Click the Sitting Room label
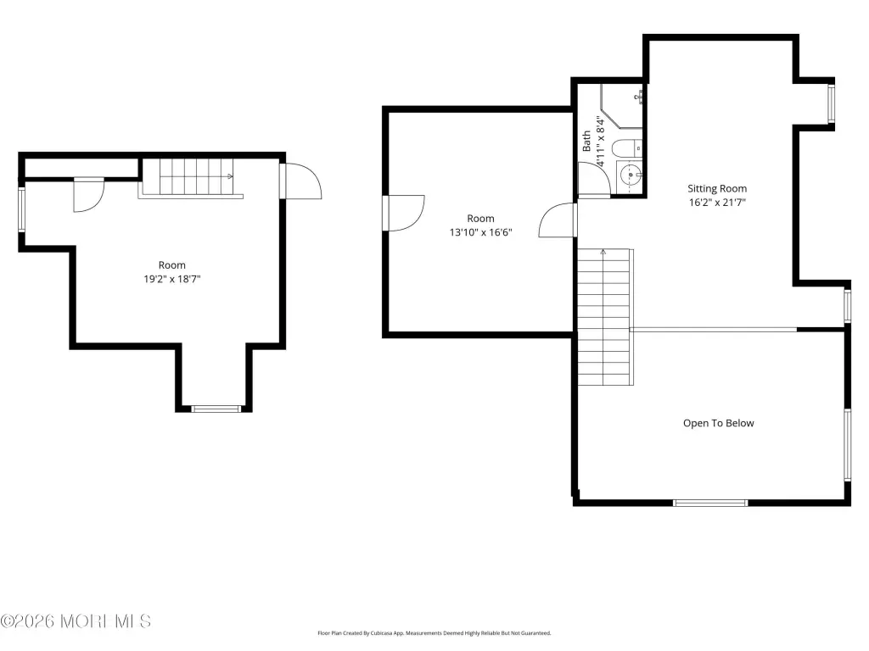click(717, 188)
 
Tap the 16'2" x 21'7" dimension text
click(717, 202)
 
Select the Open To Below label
click(718, 423)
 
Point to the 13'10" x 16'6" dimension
click(480, 232)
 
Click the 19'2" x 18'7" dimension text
click(171, 278)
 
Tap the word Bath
click(586, 142)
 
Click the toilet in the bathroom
click(627, 148)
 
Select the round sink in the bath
click(631, 175)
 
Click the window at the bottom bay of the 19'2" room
click(216, 409)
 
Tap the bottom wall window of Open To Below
click(710, 503)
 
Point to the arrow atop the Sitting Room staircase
click(603, 253)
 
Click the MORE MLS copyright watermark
click(76, 621)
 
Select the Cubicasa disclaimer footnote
click(434, 632)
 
